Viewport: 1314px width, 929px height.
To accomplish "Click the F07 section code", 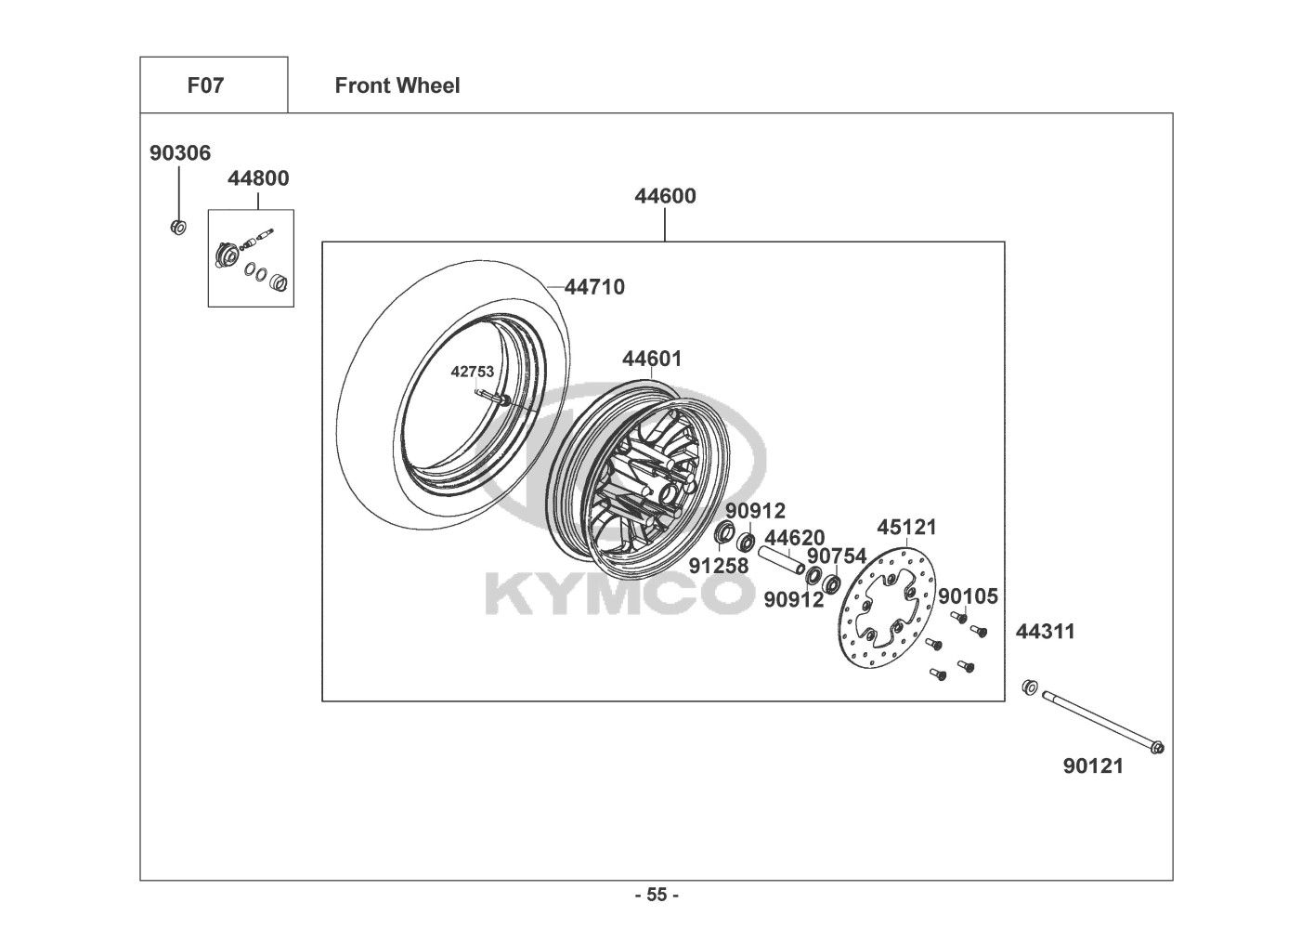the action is pyautogui.click(x=205, y=85).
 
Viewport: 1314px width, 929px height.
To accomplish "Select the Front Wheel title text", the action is pyautogui.click(x=397, y=85).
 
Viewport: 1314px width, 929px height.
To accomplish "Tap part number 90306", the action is pyautogui.click(x=180, y=153).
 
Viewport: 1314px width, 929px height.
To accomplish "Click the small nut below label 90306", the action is pyautogui.click(x=178, y=227).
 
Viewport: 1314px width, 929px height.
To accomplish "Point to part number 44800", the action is pyautogui.click(x=258, y=178).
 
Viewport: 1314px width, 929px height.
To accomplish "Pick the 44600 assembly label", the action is pyautogui.click(x=665, y=196).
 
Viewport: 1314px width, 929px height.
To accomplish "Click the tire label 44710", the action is pyautogui.click(x=595, y=287).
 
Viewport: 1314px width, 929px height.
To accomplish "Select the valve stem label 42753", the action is pyautogui.click(x=473, y=372).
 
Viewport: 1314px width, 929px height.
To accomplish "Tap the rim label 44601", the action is pyautogui.click(x=652, y=359).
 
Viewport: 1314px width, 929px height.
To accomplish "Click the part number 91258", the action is pyautogui.click(x=719, y=566).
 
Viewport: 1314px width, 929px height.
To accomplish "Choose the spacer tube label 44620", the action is pyautogui.click(x=794, y=538).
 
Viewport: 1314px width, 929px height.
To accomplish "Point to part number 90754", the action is pyautogui.click(x=837, y=556).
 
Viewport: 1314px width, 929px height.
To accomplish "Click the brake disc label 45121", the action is pyautogui.click(x=907, y=527).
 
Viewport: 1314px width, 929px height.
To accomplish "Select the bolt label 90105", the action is pyautogui.click(x=968, y=596).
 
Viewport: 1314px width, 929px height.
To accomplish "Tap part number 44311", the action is pyautogui.click(x=1046, y=632).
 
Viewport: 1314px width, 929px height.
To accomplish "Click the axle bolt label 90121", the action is pyautogui.click(x=1093, y=765).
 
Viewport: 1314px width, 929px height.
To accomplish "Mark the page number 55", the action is pyautogui.click(x=657, y=895).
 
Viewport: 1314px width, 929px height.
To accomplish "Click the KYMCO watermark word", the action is pyautogui.click(x=619, y=595).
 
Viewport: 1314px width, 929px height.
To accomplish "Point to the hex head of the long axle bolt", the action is pyautogui.click(x=1157, y=748).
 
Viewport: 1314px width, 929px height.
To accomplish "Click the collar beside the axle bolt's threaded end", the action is pyautogui.click(x=1030, y=687).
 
